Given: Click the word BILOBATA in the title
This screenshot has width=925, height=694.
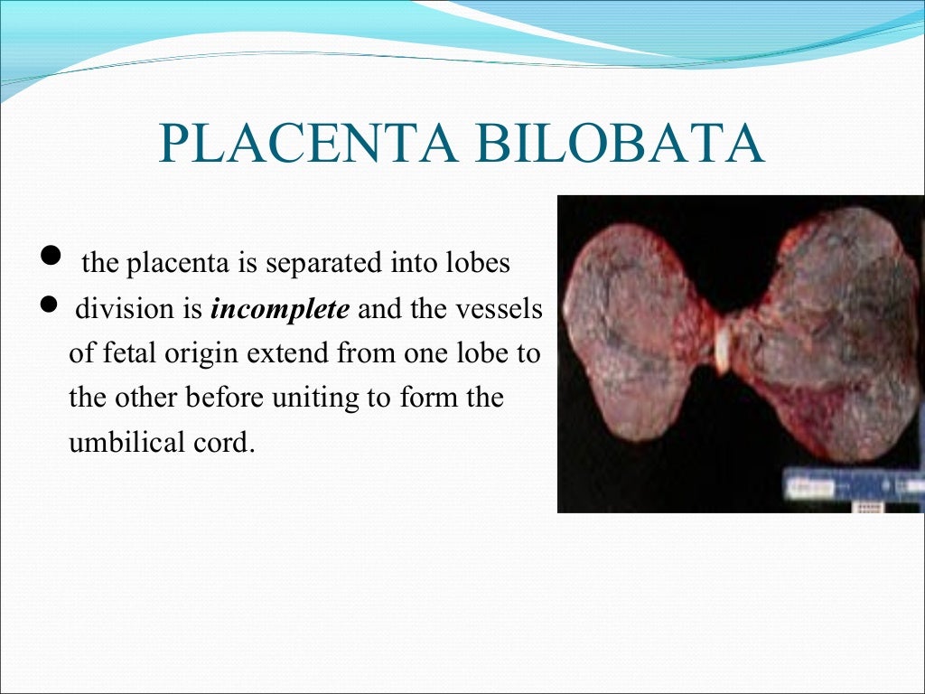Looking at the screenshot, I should point(610,145).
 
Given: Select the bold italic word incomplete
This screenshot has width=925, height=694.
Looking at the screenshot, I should point(279,310).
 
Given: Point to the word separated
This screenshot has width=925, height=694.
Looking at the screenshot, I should point(332,264).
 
